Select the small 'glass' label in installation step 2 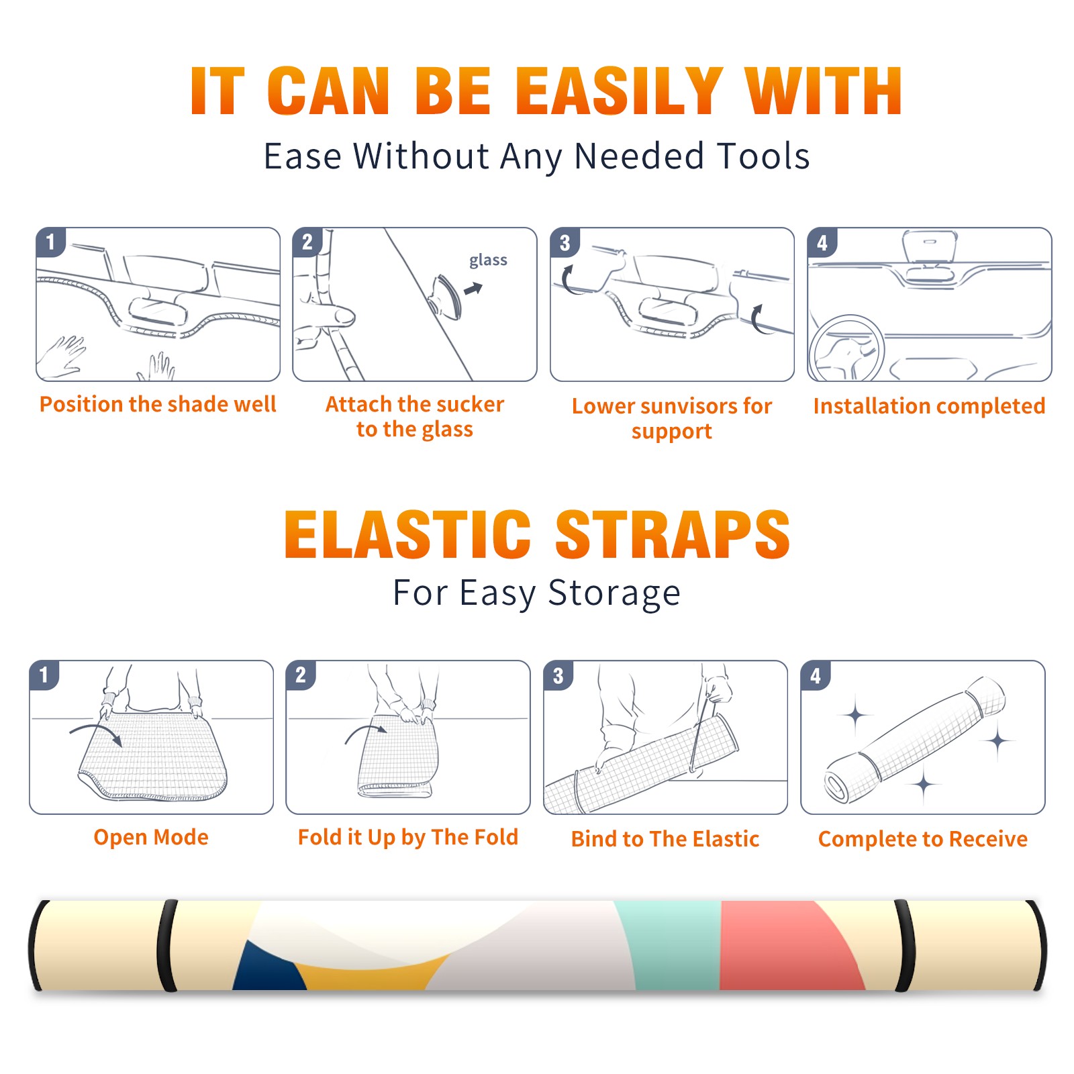tap(488, 260)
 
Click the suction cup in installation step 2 tap(445, 296)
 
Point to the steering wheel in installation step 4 tap(846, 349)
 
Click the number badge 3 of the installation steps tap(565, 243)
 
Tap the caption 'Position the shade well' tap(158, 404)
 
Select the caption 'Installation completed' tap(929, 405)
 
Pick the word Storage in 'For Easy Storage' tap(614, 593)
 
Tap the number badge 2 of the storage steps tap(301, 675)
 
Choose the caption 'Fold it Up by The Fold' tap(408, 837)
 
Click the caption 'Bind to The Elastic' tap(665, 839)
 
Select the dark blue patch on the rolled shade tap(268, 968)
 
